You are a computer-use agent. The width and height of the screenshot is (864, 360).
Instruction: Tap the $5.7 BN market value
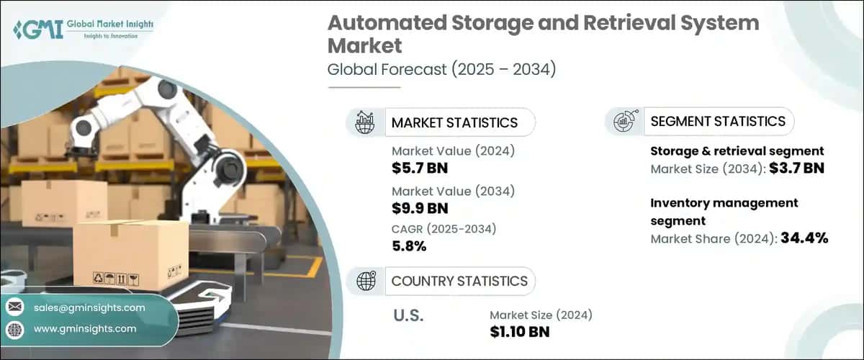point(421,169)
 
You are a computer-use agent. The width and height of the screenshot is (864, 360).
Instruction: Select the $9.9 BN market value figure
point(421,209)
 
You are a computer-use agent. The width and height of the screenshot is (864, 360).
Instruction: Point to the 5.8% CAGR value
point(410,247)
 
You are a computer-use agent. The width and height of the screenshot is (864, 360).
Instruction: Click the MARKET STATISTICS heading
point(454,122)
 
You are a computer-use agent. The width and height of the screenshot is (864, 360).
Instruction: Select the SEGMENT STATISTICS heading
point(718,121)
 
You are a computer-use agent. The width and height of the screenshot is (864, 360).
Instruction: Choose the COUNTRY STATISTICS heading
point(459,281)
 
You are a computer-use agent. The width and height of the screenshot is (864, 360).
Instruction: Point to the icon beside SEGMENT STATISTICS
point(624,121)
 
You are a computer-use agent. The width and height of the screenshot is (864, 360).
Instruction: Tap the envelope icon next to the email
point(15,307)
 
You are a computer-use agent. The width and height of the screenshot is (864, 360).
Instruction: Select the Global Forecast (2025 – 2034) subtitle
point(442,70)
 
